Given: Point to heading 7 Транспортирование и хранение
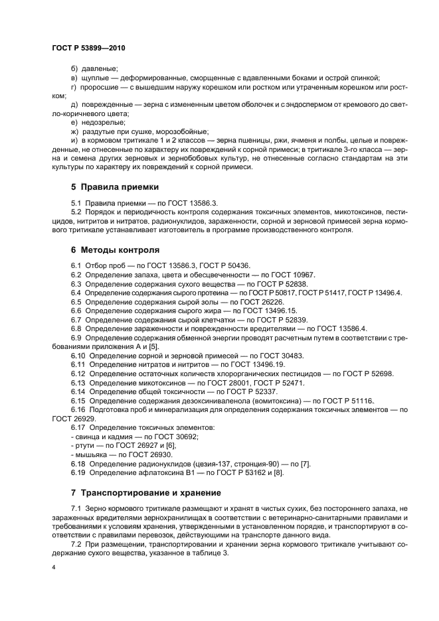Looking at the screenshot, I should point(152,493).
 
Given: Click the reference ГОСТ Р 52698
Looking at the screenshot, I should point(369,374).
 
